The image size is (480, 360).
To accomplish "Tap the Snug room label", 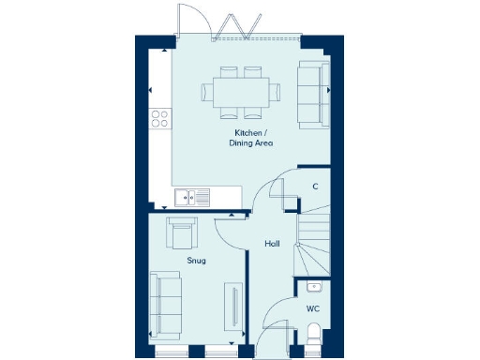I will (x=196, y=261).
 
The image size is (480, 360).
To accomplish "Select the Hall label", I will (x=272, y=244).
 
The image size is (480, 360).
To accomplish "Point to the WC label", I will (x=313, y=307).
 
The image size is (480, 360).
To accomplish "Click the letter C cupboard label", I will (x=315, y=187).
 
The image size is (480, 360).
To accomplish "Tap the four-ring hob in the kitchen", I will (x=160, y=119).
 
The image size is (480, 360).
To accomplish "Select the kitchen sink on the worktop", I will (x=192, y=197).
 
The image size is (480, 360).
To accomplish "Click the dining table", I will (x=241, y=92).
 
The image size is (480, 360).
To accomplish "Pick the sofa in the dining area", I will (x=313, y=93).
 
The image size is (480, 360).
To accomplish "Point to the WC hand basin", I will (x=314, y=285).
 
